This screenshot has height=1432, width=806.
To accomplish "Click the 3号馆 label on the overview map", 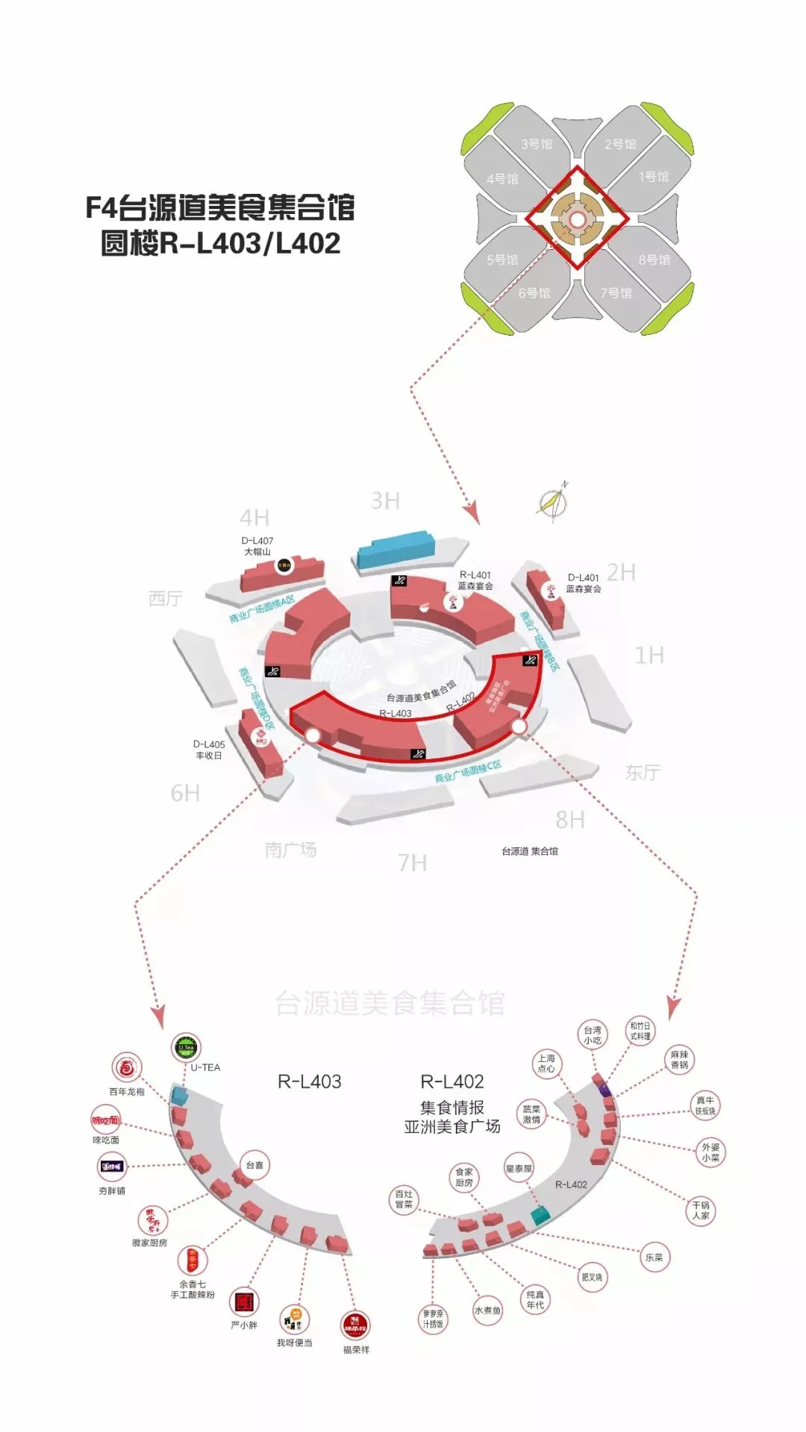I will (537, 144).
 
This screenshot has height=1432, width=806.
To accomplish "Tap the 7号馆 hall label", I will (616, 292).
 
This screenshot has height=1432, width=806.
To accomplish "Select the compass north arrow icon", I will (553, 502).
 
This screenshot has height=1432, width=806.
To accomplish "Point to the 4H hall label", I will (254, 518).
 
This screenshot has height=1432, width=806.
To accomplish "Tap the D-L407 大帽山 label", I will (257, 546).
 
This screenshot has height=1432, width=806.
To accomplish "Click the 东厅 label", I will (643, 773).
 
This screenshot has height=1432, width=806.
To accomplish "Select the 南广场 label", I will (290, 850).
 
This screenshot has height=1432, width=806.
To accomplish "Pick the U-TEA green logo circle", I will (186, 1048).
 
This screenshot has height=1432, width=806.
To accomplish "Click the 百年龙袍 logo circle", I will (127, 1068).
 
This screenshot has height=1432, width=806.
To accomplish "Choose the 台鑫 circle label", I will (254, 1164).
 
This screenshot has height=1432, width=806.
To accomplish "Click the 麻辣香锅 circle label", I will (679, 1060).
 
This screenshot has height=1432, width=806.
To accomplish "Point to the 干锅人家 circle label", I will (701, 1210).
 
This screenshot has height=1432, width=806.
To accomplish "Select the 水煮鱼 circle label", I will (487, 1310).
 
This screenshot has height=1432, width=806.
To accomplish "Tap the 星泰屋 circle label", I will (519, 1169).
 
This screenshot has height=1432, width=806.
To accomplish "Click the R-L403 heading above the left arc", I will (309, 1081).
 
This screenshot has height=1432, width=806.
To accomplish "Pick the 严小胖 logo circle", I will (244, 1302).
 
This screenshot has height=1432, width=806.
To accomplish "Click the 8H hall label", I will (570, 820).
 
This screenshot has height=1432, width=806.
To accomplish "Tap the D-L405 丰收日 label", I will (209, 750).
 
